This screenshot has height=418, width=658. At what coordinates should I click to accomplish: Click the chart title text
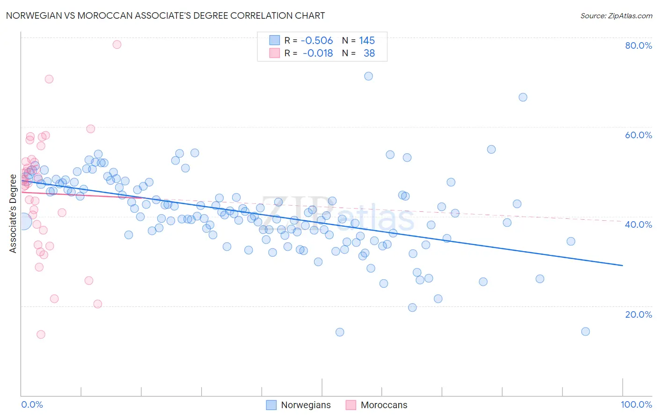point(165,15)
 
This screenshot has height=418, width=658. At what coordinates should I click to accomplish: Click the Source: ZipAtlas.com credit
point(616,15)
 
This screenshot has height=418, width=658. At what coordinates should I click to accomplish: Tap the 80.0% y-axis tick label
point(638,45)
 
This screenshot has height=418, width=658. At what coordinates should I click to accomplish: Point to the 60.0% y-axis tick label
point(638,135)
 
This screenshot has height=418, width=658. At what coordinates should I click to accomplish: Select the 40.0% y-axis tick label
point(638,224)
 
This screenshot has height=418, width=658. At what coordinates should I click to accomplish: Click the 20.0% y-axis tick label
point(638,314)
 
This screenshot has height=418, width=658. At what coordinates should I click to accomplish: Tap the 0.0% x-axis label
point(32,404)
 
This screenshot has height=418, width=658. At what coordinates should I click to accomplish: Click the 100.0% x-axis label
point(636,404)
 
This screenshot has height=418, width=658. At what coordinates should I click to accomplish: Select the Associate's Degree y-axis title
point(13,213)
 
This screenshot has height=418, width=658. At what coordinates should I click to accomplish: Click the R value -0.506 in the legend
point(317,40)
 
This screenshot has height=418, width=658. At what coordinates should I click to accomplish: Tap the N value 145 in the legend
point(367,40)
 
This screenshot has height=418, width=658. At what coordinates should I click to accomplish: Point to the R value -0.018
point(318,53)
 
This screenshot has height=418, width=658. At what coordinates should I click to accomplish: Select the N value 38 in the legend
point(369,53)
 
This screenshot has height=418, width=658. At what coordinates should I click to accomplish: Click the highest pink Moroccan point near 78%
point(117,45)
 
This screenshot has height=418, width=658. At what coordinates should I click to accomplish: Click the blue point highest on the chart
point(368,76)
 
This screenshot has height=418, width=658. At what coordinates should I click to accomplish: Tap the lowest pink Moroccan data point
point(41,334)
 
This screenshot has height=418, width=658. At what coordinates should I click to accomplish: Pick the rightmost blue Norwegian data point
point(585,331)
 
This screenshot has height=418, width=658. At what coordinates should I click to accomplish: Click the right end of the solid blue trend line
point(622,265)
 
